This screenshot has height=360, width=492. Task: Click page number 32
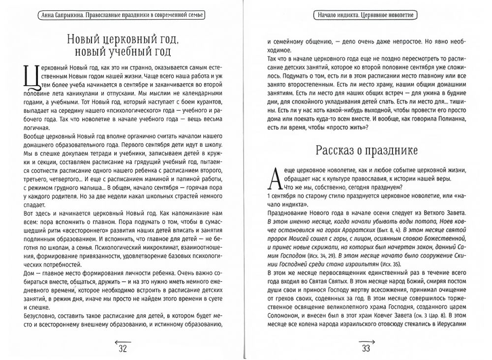[123, 349]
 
